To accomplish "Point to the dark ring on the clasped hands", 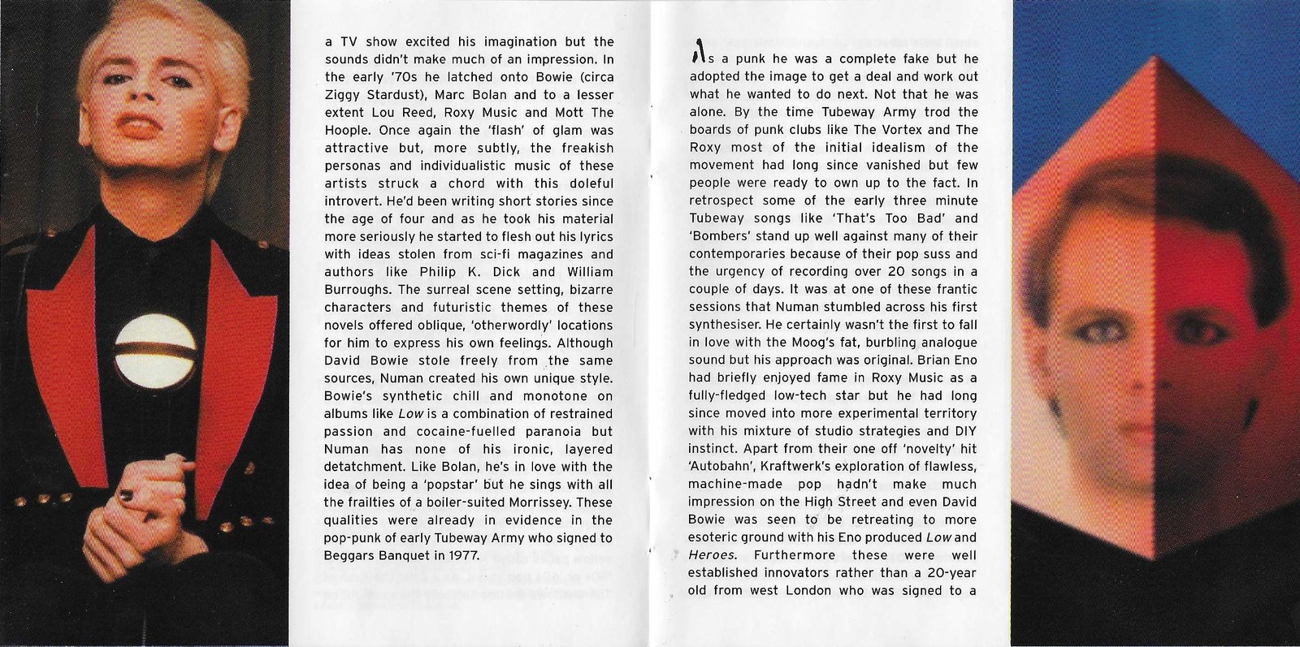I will click(x=126, y=494).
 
